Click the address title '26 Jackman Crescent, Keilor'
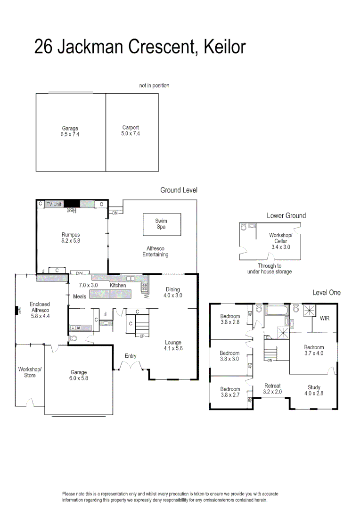tap(140, 48)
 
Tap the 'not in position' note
tap(154, 85)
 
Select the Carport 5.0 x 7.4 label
tap(131, 131)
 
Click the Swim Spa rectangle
tap(161, 224)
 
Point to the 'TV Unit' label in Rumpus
tap(54, 204)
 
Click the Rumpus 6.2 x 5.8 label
tap(71, 238)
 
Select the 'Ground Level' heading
tap(179, 190)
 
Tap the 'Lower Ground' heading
tap(286, 215)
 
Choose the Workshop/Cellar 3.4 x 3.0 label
tap(280, 241)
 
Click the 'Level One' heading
tap(327, 293)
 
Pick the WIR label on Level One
tap(325, 319)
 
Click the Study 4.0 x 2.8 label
tap(314, 390)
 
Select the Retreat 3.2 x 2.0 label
tap(273, 389)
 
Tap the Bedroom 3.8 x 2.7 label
tap(230, 392)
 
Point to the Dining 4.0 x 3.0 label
tap(172, 292)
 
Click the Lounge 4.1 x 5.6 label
tap(172, 345)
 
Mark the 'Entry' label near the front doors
tap(131, 356)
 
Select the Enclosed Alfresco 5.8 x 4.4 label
tap(40, 311)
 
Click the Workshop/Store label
tap(30, 372)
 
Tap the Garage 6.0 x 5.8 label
tap(79, 375)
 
